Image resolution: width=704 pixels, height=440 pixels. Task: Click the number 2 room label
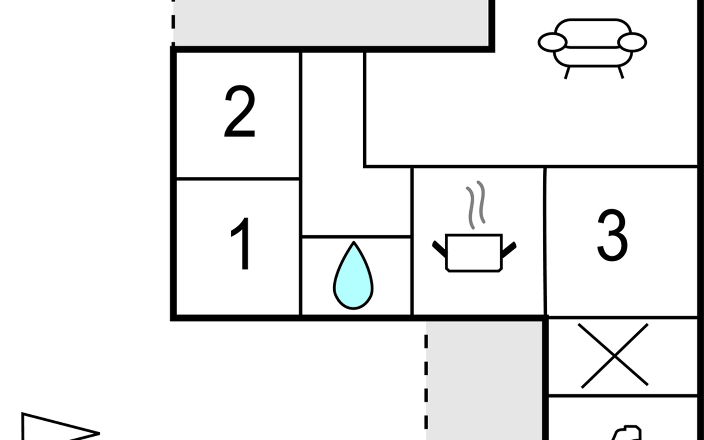tap(240, 111)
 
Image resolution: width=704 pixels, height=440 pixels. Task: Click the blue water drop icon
tap(353, 275)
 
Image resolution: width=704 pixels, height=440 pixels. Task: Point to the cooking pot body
tap(474, 253)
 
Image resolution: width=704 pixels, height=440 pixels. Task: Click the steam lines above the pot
tap(476, 205)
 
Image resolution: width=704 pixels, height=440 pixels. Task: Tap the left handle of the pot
tap(439, 249)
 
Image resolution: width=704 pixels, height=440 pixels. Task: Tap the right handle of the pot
tap(509, 249)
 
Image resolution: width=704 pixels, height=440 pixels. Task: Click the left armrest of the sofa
tap(552, 42)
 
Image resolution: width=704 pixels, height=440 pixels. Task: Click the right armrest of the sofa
tap(632, 42)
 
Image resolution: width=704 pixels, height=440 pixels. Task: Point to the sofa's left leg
tap(567, 73)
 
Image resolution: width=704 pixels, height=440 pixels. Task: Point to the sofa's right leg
tap(621, 73)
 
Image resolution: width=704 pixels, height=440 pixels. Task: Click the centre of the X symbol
tap(615, 355)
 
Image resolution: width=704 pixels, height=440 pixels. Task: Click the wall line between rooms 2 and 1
tap(238, 179)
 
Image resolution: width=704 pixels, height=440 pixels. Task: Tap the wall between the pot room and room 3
tap(545, 241)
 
